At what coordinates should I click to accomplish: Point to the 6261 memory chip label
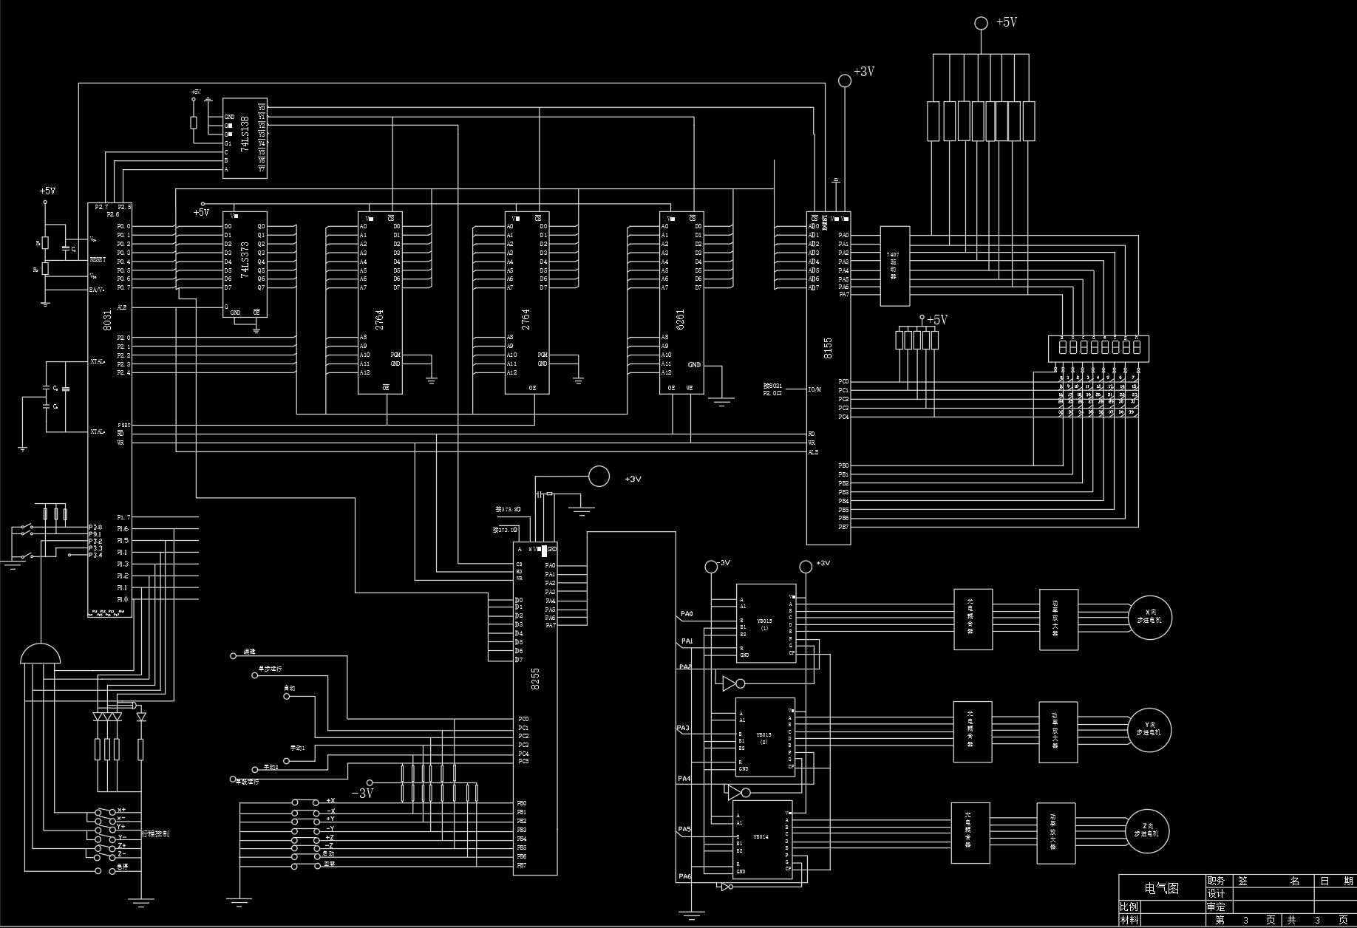click(x=680, y=319)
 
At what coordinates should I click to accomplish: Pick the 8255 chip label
click(x=535, y=678)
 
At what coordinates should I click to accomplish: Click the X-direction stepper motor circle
click(x=1149, y=618)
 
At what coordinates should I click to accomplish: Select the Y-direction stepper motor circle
click(x=1149, y=730)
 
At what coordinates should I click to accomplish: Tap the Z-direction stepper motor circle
click(x=1147, y=832)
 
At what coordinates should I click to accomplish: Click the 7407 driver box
click(x=894, y=265)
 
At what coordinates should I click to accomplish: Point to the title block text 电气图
click(x=1162, y=888)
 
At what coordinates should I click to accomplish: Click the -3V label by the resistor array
click(x=362, y=794)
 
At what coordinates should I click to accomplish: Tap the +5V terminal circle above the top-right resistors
click(x=981, y=24)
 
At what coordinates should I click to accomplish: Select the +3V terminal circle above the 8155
click(x=845, y=80)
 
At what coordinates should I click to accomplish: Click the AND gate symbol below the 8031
click(x=41, y=655)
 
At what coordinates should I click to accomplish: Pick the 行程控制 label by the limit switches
click(x=155, y=833)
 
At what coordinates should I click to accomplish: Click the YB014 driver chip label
click(x=761, y=837)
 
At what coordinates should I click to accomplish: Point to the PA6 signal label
click(x=685, y=877)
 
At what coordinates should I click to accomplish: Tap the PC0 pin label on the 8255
click(x=523, y=719)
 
